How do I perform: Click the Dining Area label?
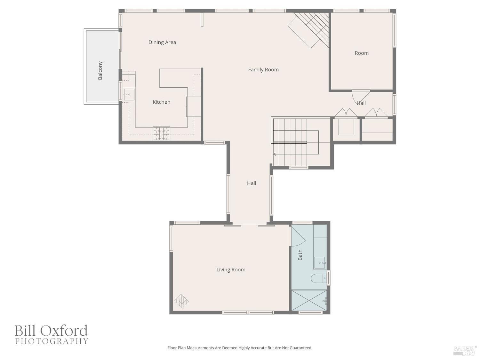pyautogui.click(x=162, y=42)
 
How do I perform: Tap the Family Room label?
pyautogui.click(x=263, y=69)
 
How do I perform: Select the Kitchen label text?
pyautogui.click(x=161, y=102)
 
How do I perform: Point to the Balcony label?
pyautogui.click(x=100, y=70)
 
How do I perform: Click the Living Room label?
pyautogui.click(x=231, y=269)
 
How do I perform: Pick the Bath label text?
pyautogui.click(x=300, y=255)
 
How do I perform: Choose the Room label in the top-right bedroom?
pyautogui.click(x=362, y=53)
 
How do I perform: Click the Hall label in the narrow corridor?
pyautogui.click(x=252, y=183)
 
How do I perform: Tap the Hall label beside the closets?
pyautogui.click(x=361, y=103)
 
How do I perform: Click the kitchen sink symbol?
pyautogui.click(x=129, y=94)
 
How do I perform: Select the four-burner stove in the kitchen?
pyautogui.click(x=162, y=134)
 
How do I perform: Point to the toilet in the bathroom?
pyautogui.click(x=319, y=278)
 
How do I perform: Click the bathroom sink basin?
pyautogui.click(x=320, y=263)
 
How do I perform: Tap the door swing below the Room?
pyautogui.click(x=361, y=96)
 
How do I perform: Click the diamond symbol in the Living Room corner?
pyautogui.click(x=181, y=301)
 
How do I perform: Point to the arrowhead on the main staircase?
pyautogui.click(x=275, y=154)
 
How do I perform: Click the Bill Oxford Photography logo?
pyautogui.click(x=52, y=334)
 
